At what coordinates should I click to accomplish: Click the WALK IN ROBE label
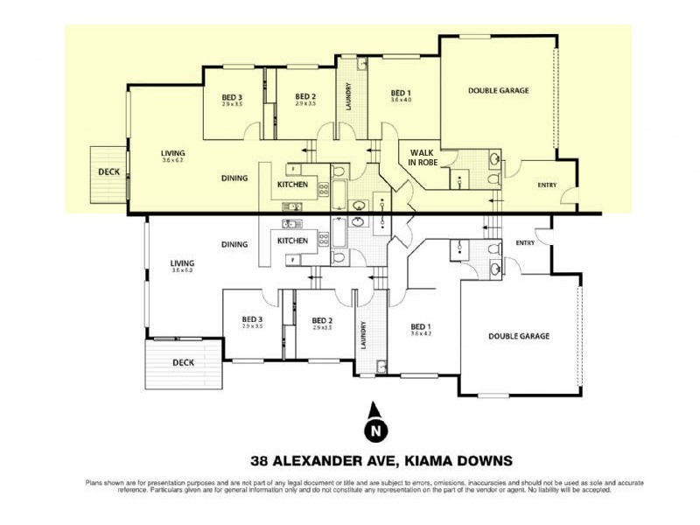[422, 157]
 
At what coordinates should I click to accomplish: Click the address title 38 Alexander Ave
[381, 460]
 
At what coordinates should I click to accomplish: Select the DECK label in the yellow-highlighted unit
[108, 172]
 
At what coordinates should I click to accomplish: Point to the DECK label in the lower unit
[183, 361]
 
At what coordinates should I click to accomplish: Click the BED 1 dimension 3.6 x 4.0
[401, 100]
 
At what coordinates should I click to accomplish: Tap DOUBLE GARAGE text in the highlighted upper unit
[498, 90]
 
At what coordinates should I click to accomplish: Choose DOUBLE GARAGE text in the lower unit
[519, 336]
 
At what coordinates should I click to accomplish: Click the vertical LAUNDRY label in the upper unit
[349, 93]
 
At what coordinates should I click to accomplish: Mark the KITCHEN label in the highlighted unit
[292, 185]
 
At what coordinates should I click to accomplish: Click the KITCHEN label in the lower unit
[292, 241]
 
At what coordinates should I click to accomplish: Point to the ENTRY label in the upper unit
[547, 185]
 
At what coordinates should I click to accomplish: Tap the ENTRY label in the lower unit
[525, 242]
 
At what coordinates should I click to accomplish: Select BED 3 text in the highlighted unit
[232, 96]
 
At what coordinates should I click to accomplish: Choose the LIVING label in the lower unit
[182, 262]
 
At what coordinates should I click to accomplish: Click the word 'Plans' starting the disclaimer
[93, 483]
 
